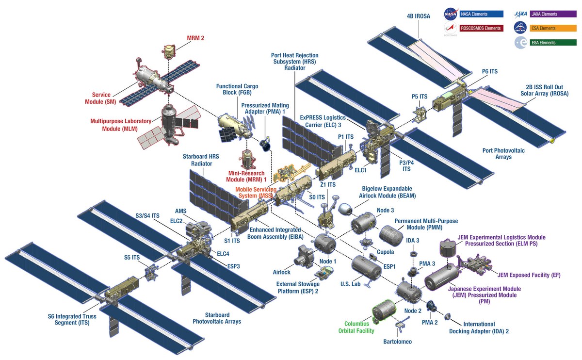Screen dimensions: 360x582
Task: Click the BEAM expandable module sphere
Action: [345, 209]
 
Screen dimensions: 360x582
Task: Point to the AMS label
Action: [180, 212]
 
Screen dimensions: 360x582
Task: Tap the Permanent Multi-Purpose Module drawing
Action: [391, 236]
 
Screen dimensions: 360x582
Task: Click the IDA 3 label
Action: [413, 241]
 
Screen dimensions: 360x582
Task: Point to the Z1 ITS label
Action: [328, 184]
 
